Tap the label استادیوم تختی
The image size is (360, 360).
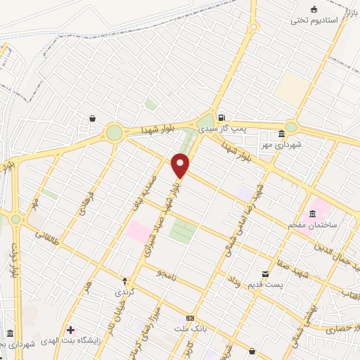tap(315, 20)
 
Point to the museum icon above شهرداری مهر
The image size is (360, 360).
tap(281, 134)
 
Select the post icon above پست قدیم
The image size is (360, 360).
tap(265, 273)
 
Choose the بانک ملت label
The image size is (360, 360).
tap(190, 328)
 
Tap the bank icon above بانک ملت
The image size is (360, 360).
tap(190, 318)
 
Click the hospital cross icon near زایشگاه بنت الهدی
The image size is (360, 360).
tap(70, 330)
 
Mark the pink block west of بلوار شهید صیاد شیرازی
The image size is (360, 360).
tap(138, 232)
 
